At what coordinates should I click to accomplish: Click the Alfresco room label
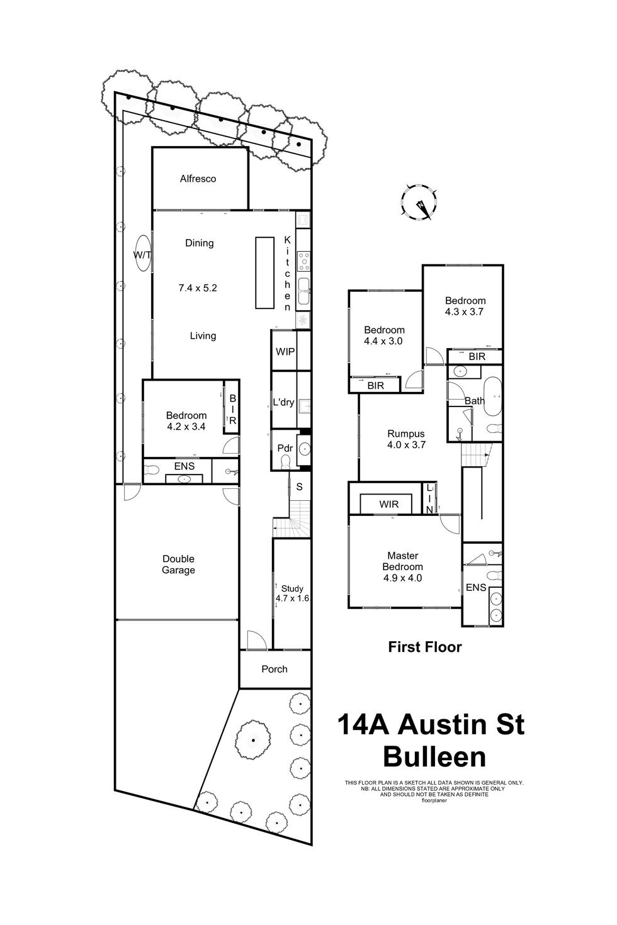click(x=198, y=179)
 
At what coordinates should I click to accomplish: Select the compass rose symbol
click(x=419, y=202)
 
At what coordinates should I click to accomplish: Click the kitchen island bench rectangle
click(x=264, y=272)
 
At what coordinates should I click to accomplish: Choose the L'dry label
click(x=283, y=402)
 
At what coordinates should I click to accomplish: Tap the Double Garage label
click(x=178, y=564)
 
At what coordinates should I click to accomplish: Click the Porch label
click(x=275, y=669)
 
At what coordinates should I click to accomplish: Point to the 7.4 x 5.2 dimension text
click(x=198, y=288)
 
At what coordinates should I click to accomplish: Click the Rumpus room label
click(x=406, y=434)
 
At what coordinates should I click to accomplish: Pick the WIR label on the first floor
click(x=388, y=505)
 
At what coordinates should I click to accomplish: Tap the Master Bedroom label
click(x=403, y=561)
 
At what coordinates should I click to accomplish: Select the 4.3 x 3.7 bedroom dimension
click(x=465, y=311)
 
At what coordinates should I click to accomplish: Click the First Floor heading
click(x=425, y=647)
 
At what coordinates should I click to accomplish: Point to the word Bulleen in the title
click(x=434, y=757)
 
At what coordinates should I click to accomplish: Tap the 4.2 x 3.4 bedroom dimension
click(x=186, y=427)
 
